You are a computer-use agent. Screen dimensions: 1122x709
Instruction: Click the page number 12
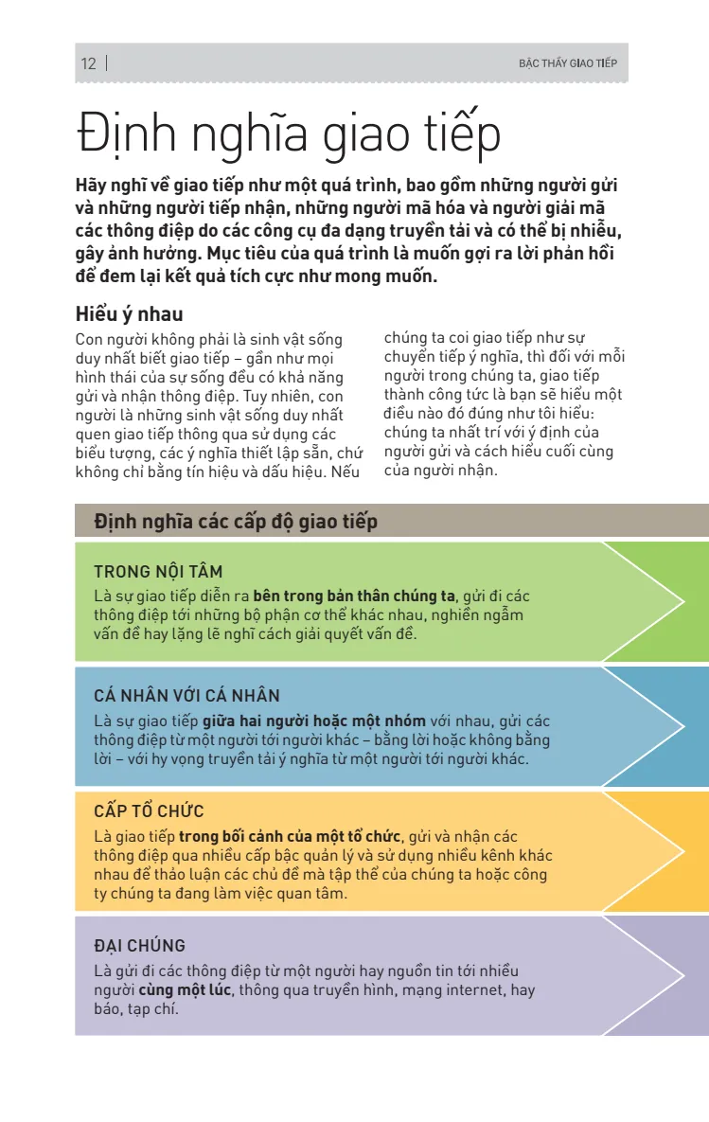click(x=89, y=64)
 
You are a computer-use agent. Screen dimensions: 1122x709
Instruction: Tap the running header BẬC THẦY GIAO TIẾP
click(x=567, y=64)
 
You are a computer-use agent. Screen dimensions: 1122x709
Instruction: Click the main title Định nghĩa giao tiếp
click(x=289, y=134)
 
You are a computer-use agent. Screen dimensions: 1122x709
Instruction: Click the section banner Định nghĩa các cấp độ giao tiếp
click(x=236, y=522)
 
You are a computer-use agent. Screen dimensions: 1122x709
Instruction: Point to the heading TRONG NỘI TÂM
click(x=158, y=572)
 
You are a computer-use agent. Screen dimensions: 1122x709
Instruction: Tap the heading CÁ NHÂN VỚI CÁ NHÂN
click(x=186, y=696)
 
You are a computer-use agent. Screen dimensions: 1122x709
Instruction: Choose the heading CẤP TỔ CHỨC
click(x=149, y=811)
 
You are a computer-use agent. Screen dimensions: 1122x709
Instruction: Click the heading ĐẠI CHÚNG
click(x=139, y=946)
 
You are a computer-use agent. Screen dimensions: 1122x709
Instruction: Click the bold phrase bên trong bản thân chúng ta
click(x=354, y=596)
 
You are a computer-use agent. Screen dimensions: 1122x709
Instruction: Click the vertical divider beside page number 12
click(x=106, y=64)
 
